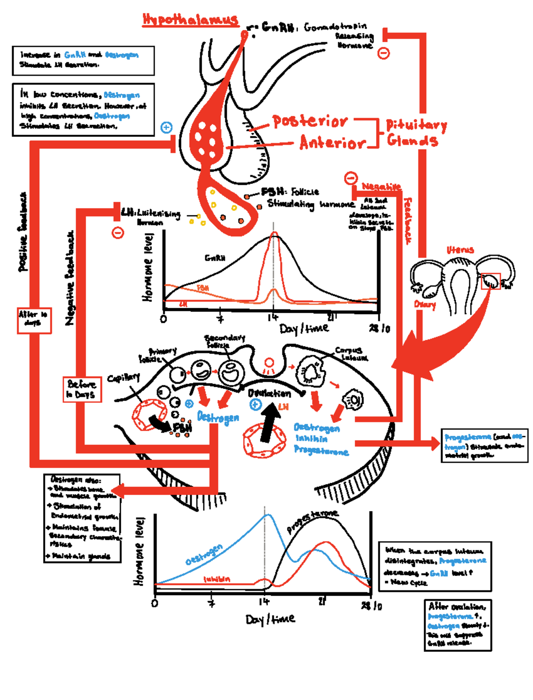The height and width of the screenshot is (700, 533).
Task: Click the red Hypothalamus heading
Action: click(x=190, y=20)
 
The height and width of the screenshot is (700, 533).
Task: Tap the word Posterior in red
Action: click(x=310, y=121)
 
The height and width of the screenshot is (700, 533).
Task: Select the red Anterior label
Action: click(x=332, y=143)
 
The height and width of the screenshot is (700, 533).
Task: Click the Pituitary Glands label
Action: click(x=415, y=132)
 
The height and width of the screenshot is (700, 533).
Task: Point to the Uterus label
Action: click(x=460, y=250)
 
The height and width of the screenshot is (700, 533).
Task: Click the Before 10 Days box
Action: click(x=82, y=389)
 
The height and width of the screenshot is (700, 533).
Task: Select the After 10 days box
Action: click(x=34, y=320)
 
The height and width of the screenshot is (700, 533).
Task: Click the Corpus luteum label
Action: click(x=351, y=354)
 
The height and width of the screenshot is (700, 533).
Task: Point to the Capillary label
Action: click(x=123, y=378)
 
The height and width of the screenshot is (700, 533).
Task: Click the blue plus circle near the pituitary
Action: click(x=166, y=127)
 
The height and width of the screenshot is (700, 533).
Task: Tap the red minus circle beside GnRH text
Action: click(x=383, y=53)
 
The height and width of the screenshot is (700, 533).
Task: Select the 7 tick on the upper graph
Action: click(x=220, y=319)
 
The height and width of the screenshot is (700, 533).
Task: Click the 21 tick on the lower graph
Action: click(x=322, y=601)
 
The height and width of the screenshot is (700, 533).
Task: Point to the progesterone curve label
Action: click(x=312, y=521)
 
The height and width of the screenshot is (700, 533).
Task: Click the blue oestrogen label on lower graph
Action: click(x=204, y=555)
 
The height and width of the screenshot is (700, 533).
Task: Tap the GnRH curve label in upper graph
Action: click(x=215, y=258)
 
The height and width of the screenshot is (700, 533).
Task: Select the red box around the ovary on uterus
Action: click(x=491, y=281)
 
